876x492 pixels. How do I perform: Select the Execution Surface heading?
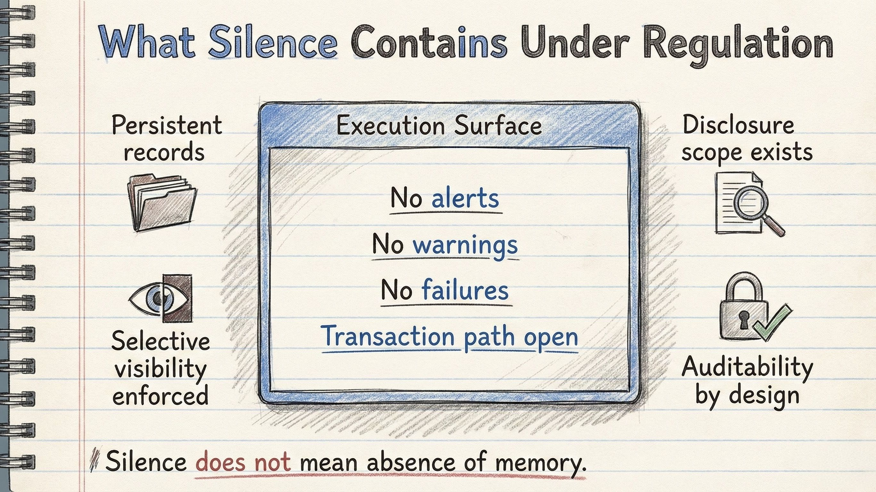(x=439, y=126)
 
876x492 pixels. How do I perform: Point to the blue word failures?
(x=465, y=291)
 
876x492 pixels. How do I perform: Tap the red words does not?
(x=243, y=462)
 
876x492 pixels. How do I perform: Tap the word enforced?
(x=160, y=396)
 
